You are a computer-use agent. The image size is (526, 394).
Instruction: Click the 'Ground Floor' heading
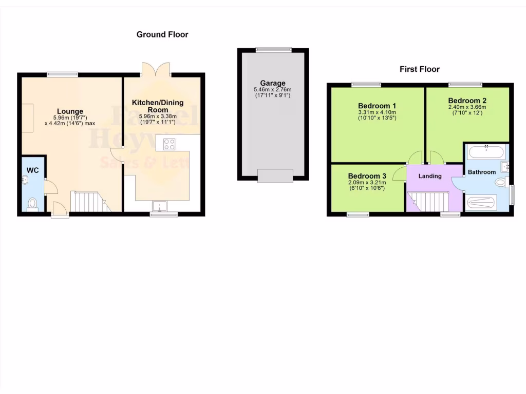pyautogui.click(x=162, y=35)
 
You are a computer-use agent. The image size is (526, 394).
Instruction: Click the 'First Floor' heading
pyautogui.click(x=420, y=69)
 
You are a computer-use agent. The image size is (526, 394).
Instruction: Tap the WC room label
pyautogui.click(x=33, y=170)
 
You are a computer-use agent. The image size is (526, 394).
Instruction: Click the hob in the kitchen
pyautogui.click(x=169, y=145)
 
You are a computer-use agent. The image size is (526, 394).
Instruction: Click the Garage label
pyautogui.click(x=273, y=83)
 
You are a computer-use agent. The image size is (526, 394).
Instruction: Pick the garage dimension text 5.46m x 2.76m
pyautogui.click(x=273, y=90)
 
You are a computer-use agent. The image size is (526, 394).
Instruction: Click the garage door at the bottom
pyautogui.click(x=275, y=175)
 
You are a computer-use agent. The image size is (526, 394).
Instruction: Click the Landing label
pyautogui.click(x=430, y=176)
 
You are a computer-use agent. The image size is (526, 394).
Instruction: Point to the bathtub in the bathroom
pyautogui.click(x=486, y=152)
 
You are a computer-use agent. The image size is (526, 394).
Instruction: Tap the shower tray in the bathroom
pyautogui.click(x=481, y=203)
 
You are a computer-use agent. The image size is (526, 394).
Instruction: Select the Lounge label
pyautogui.click(x=70, y=111)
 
